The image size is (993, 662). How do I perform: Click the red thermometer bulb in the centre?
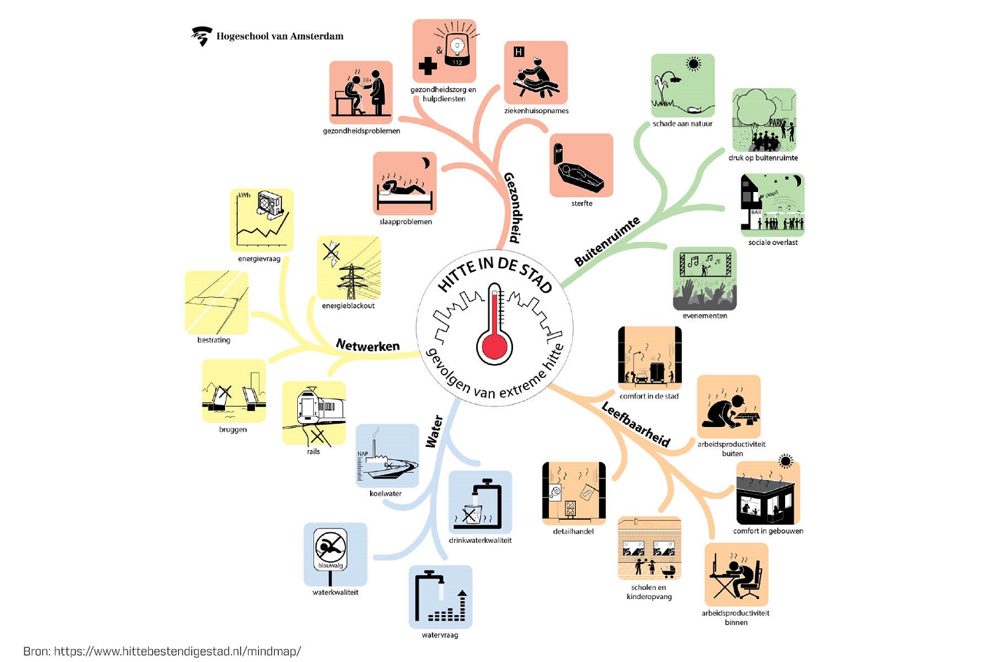[495, 346]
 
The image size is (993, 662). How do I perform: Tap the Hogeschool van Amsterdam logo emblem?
[202, 36]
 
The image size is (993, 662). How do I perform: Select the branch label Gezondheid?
[514, 207]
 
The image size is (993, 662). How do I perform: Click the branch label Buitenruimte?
[607, 242]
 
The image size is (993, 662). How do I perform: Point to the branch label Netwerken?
[368, 345]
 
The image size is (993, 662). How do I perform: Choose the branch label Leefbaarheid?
[636, 424]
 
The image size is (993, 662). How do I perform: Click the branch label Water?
[434, 432]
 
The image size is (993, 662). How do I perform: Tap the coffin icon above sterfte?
[579, 171]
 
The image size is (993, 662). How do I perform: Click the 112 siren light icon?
[457, 48]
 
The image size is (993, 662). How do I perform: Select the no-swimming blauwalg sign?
[331, 550]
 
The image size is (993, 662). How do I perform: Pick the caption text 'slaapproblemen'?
[406, 222]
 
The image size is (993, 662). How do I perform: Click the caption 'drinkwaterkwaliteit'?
[480, 540]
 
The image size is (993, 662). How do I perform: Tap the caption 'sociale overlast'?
[773, 242]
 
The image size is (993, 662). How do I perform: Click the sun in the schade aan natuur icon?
[693, 64]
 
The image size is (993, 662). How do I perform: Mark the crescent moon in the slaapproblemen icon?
[426, 163]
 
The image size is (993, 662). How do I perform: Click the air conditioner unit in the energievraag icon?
[270, 205]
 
